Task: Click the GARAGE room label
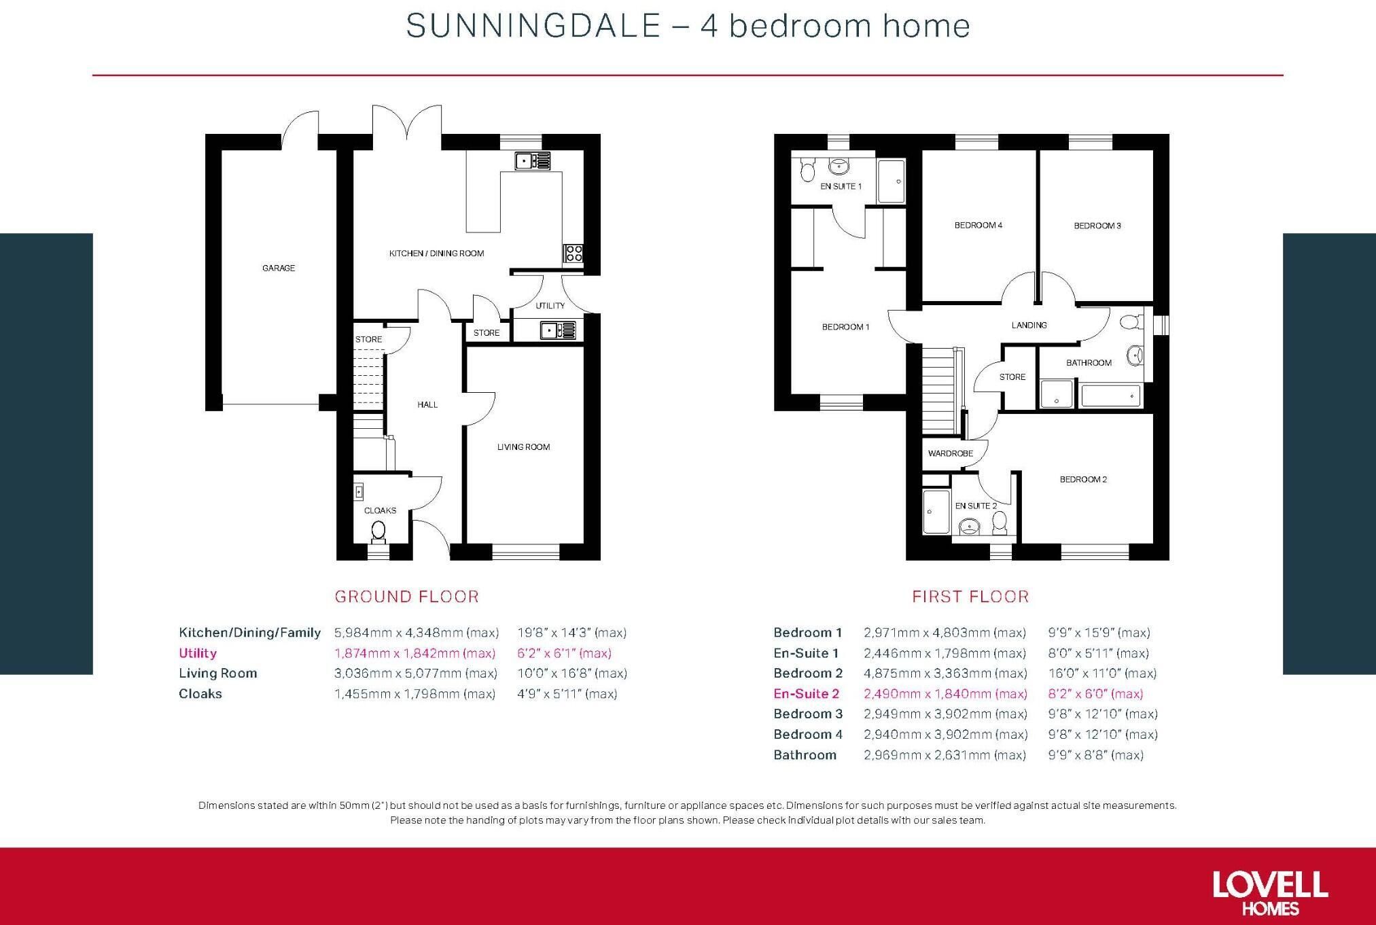pos(279,268)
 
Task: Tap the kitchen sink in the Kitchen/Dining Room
pos(533,161)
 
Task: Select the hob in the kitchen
pos(574,254)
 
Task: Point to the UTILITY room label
pos(550,306)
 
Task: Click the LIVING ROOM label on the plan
pos(523,447)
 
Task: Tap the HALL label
pos(427,404)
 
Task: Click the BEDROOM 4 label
pos(978,225)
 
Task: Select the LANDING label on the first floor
pos(1029,325)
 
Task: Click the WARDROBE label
pos(951,453)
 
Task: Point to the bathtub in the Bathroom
pos(1110,396)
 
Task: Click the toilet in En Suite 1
pos(807,169)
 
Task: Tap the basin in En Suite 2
pos(968,527)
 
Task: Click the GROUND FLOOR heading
pos(407,597)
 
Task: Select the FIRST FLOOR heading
pos(970,597)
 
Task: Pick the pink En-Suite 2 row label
pos(807,693)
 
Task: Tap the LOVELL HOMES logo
pos(1270,893)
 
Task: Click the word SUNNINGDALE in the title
pos(533,26)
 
